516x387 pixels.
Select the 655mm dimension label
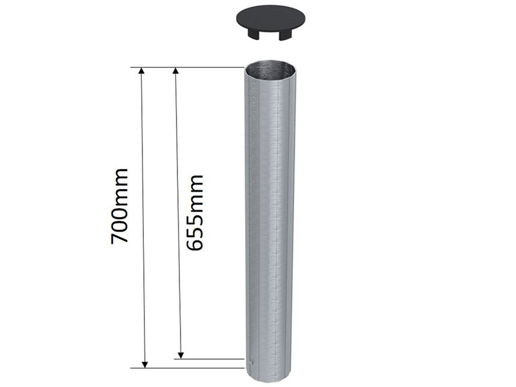pyautogui.click(x=194, y=212)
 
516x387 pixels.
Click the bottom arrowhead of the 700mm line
pyautogui.click(x=144, y=362)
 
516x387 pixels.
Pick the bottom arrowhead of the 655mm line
pyautogui.click(x=181, y=353)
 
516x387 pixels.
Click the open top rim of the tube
pyautogui.click(x=271, y=66)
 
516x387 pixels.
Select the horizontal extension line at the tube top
pyautogui.click(x=193, y=67)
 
